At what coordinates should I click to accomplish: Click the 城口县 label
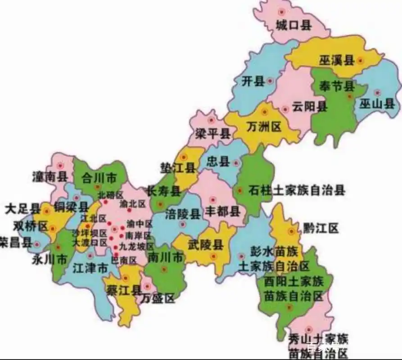[x=294, y=26]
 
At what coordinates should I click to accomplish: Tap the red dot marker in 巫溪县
[x=360, y=60]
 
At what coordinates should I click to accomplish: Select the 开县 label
[x=252, y=81]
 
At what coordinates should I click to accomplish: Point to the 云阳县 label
[x=309, y=107]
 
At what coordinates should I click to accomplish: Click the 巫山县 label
[x=377, y=105]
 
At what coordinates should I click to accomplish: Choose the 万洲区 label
[x=264, y=127]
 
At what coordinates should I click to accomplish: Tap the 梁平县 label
[x=212, y=134]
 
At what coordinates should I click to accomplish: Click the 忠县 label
[x=218, y=162]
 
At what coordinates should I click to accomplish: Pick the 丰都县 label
[x=222, y=211]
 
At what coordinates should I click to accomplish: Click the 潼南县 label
[x=50, y=176]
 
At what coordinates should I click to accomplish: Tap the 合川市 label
[x=99, y=178]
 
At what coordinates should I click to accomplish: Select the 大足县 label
[x=23, y=209]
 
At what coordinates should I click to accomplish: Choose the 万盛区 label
[x=157, y=298]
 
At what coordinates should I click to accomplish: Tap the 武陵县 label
[x=206, y=245]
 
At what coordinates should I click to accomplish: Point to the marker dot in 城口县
[x=282, y=12]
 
